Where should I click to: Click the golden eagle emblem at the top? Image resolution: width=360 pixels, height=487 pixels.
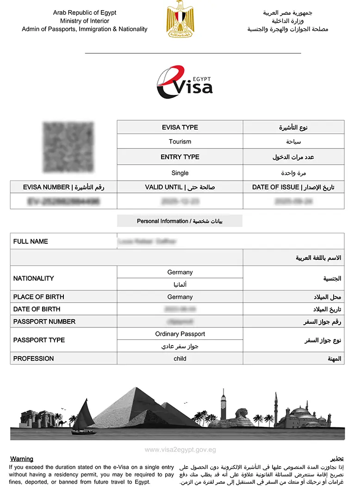click(x=180, y=19)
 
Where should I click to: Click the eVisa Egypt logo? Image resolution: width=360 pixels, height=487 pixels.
click(x=184, y=83)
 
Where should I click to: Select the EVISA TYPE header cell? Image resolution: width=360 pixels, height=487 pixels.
click(x=180, y=127)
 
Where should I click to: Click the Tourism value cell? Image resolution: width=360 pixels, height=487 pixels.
click(x=180, y=142)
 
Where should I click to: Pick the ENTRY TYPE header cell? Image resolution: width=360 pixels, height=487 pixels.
click(x=180, y=157)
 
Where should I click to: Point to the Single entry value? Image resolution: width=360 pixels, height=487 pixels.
click(x=180, y=173)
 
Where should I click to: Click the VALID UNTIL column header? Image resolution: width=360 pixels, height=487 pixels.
click(x=180, y=187)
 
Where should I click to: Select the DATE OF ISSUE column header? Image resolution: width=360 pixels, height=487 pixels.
click(x=293, y=187)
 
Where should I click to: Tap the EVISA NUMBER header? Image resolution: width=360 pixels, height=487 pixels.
click(x=63, y=187)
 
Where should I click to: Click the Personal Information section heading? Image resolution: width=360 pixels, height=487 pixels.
click(x=180, y=221)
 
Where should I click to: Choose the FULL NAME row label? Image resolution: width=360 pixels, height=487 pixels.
click(x=31, y=241)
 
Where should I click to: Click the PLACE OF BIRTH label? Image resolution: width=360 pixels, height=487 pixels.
click(x=39, y=297)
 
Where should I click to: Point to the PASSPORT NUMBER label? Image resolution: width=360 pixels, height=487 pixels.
click(x=44, y=321)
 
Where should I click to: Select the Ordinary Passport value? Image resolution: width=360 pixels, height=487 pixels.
click(x=180, y=334)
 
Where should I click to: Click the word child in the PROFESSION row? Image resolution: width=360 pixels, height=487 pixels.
click(x=180, y=358)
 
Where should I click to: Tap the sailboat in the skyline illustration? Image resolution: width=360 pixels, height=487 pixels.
click(x=83, y=419)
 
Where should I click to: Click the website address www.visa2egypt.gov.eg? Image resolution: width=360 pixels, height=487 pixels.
click(x=180, y=450)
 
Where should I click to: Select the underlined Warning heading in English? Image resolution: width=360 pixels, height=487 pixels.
click(x=22, y=459)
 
